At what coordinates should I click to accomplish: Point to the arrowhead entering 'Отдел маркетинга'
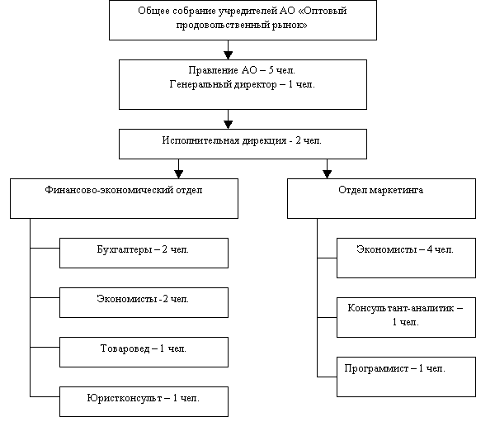(x=327, y=174)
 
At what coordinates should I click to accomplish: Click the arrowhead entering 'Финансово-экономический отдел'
(x=179, y=174)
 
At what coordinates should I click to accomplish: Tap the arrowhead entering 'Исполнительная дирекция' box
(x=229, y=125)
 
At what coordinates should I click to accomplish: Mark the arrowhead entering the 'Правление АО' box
(x=229, y=55)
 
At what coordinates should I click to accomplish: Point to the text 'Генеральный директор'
(x=224, y=85)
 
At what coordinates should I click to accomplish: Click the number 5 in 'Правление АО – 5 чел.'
(x=271, y=70)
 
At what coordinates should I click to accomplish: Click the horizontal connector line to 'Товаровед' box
(x=45, y=347)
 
